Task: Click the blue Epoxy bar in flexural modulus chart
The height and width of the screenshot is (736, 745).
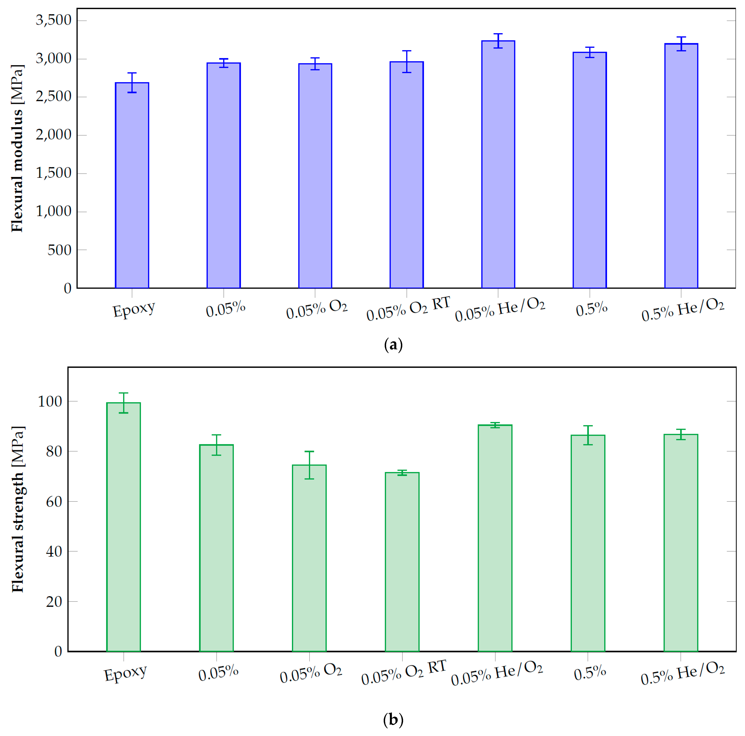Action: click(x=132, y=185)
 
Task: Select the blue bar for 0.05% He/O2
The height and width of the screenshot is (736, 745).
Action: click(x=498, y=166)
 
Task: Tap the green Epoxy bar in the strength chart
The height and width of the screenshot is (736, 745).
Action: click(x=123, y=528)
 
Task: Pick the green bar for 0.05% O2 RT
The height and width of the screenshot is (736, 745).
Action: click(x=402, y=562)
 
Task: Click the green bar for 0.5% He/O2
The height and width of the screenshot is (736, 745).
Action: click(x=681, y=543)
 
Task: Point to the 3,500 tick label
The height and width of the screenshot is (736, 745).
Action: click(x=54, y=20)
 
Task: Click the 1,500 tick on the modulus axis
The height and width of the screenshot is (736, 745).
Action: click(x=54, y=173)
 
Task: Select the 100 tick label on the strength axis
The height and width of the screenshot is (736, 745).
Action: click(x=50, y=401)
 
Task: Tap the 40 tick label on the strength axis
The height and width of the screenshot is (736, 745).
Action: click(x=54, y=551)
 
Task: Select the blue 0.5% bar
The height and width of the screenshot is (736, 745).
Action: click(x=589, y=169)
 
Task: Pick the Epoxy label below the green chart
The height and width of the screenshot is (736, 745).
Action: click(x=125, y=674)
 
